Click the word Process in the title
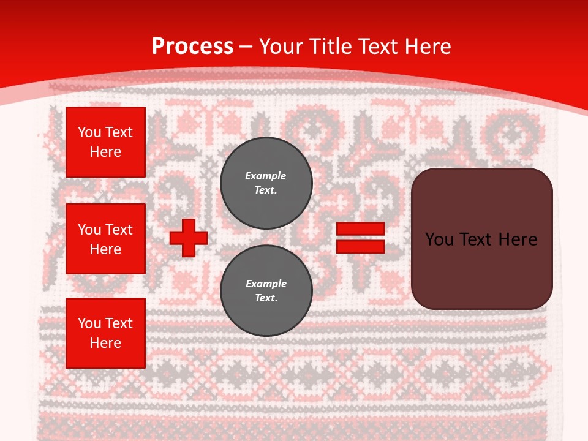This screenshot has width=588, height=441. [192, 47]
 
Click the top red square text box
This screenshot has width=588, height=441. [105, 142]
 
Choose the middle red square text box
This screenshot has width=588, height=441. [105, 239]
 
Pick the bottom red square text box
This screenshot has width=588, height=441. [105, 333]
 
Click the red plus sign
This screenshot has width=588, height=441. [189, 238]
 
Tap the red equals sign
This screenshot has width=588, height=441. [360, 238]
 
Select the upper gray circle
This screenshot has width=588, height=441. [266, 183]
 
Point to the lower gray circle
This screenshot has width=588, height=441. [266, 291]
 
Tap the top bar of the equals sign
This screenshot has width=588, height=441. [360, 229]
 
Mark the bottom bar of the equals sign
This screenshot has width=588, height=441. [360, 246]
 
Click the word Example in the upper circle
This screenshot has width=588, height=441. [266, 176]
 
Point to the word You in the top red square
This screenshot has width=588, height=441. [89, 132]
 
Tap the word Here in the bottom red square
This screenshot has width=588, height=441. [105, 343]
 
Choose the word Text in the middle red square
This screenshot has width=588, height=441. [118, 230]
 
